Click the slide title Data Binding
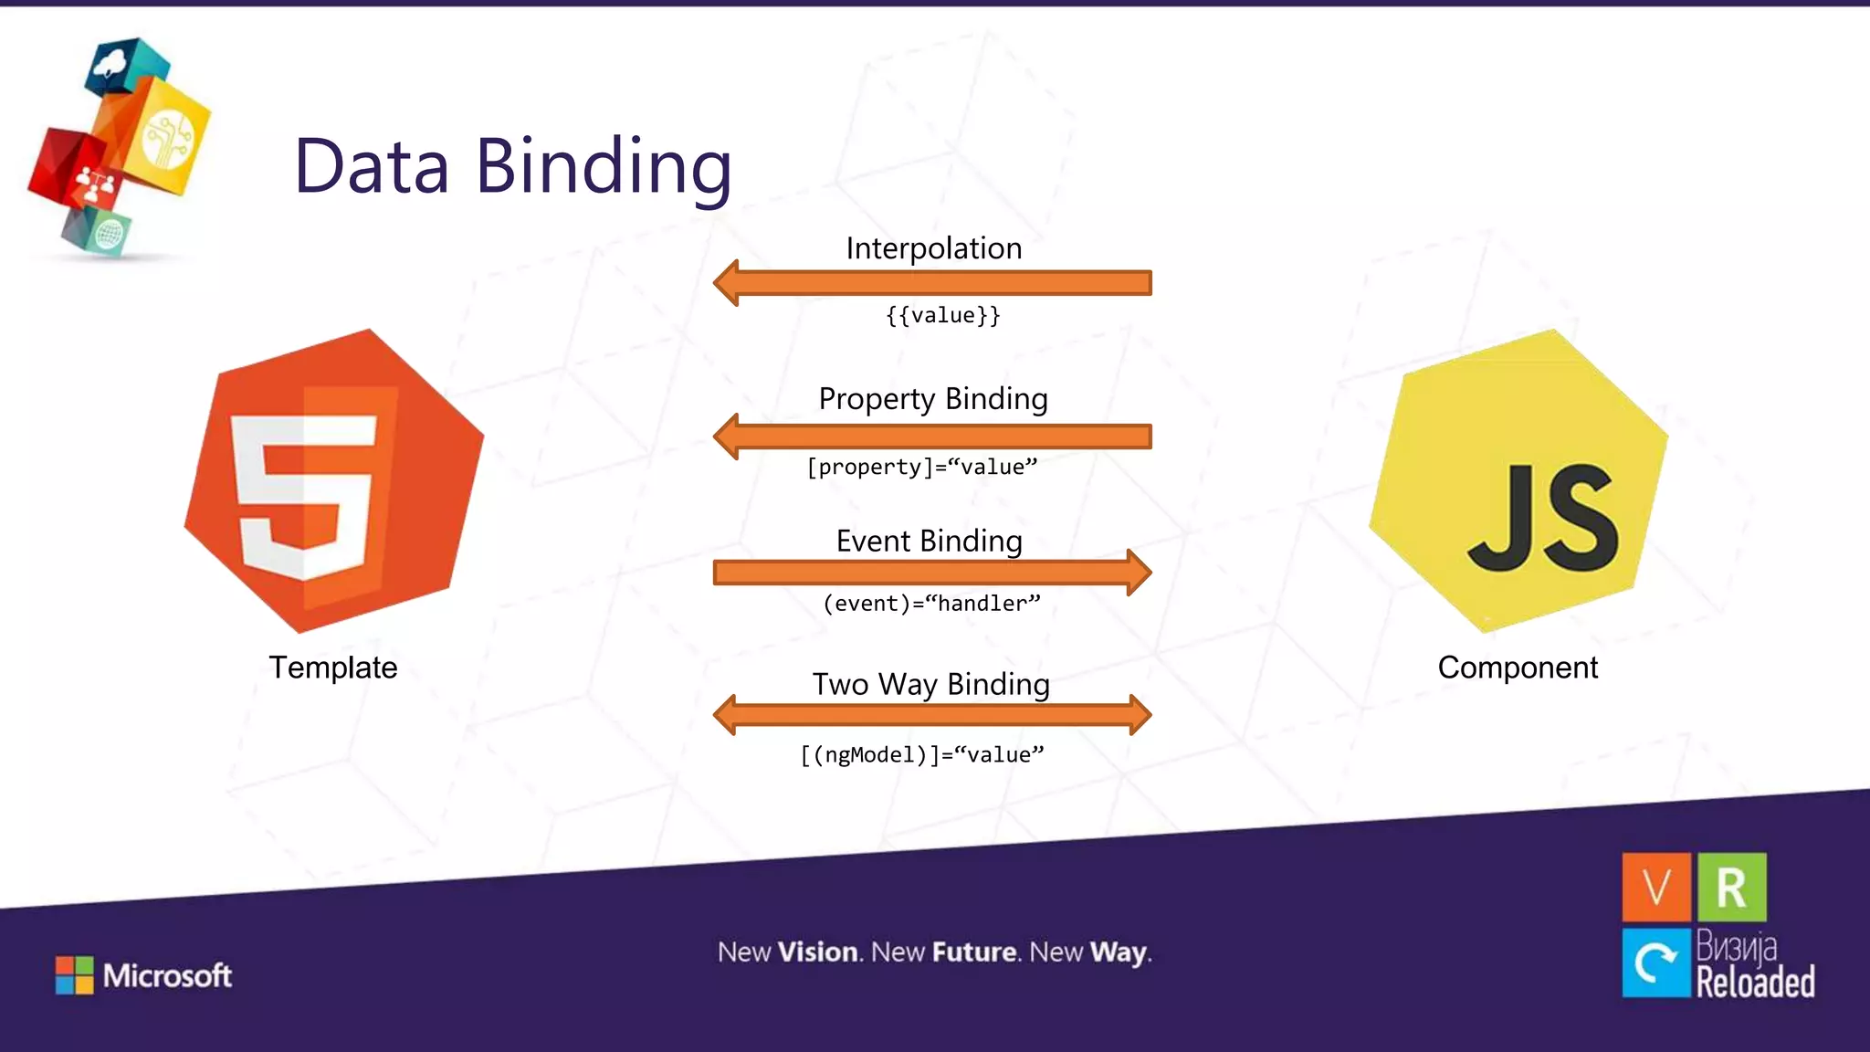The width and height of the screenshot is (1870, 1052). tap(512, 167)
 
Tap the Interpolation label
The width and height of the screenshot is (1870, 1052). tap(933, 248)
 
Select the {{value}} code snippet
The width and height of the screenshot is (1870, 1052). tap(942, 315)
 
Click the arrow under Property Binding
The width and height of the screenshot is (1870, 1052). tap(931, 437)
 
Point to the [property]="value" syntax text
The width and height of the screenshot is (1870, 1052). tap(921, 467)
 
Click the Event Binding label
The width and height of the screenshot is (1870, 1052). tap(929, 541)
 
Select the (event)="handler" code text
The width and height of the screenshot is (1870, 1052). tap(930, 604)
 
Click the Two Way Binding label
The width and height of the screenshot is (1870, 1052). tap(930, 684)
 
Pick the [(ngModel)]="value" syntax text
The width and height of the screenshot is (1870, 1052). tap(921, 755)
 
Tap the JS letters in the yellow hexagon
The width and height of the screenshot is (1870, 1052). tap(1542, 519)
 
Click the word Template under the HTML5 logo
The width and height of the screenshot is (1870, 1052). tap(332, 668)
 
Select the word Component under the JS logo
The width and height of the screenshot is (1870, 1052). tap(1517, 668)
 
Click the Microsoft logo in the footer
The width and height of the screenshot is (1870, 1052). tap(144, 975)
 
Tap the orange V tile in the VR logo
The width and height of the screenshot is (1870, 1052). tap(1655, 887)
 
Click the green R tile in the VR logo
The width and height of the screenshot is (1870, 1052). tap(1731, 887)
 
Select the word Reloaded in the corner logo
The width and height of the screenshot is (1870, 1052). tap(1754, 983)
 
